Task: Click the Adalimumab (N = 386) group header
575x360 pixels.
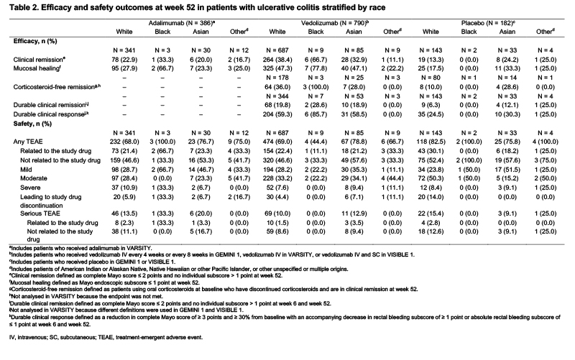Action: (182, 23)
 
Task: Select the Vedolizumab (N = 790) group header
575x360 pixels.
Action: (335, 23)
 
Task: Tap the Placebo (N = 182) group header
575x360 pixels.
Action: (488, 23)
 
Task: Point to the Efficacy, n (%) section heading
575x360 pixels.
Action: (35, 41)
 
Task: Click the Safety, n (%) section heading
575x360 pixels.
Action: (32, 124)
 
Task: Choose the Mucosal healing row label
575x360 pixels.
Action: (37, 68)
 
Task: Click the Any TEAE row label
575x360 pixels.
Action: (28, 142)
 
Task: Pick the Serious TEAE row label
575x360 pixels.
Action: (40, 213)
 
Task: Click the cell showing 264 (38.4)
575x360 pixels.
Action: (277, 60)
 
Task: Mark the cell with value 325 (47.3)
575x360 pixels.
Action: (277, 68)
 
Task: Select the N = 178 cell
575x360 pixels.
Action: (277, 78)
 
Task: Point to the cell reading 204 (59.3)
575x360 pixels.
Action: (277, 114)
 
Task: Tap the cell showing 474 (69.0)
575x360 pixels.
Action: (277, 142)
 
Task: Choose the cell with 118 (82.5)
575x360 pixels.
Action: (431, 142)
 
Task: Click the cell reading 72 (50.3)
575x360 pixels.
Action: (431, 178)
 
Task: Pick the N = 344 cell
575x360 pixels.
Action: (277, 96)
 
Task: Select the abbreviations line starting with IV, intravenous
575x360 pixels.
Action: (106, 337)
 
